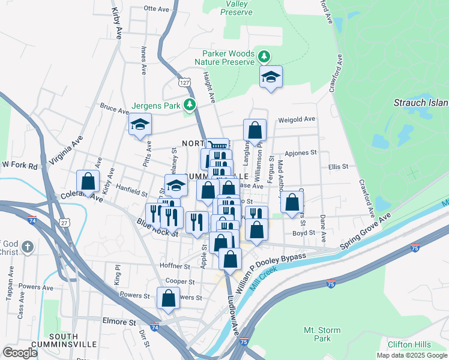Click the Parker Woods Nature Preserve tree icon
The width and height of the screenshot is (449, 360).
tap(263, 57)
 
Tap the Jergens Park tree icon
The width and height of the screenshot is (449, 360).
tap(190, 106)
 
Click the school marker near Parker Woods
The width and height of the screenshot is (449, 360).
tap(271, 76)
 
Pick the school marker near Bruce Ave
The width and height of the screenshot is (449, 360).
tap(140, 124)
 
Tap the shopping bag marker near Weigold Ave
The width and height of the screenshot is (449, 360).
tap(255, 130)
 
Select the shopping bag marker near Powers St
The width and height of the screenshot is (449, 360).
tap(169, 298)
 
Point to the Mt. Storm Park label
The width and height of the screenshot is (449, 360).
tap(322, 334)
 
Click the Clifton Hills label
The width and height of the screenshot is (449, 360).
tap(409, 344)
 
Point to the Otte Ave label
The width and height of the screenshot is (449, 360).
tap(157, 8)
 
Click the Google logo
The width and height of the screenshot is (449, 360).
tap(20, 353)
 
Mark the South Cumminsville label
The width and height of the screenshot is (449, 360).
tap(65, 340)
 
